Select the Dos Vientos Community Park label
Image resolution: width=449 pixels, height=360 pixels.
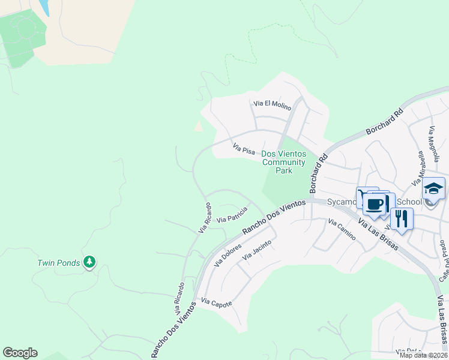click(x=283, y=162)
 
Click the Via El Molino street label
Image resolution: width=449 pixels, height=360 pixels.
click(x=272, y=106)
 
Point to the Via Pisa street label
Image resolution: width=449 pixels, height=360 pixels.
click(x=244, y=148)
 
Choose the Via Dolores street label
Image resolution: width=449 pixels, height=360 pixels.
click(x=228, y=256)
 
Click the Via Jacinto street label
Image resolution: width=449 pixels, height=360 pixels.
click(x=257, y=250)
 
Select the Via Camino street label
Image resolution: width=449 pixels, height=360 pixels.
click(x=342, y=230)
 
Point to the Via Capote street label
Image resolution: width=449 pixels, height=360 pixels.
click(x=216, y=302)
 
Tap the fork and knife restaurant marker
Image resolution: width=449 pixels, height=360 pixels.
click(x=402, y=218)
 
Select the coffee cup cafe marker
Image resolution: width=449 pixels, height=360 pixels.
click(x=375, y=204)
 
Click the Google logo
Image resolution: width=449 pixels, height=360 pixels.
click(x=20, y=353)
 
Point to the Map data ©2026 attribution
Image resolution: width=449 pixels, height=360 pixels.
click(x=423, y=355)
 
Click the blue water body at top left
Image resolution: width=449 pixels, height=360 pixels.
click(x=44, y=7)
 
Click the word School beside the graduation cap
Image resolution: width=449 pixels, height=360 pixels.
click(x=411, y=202)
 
